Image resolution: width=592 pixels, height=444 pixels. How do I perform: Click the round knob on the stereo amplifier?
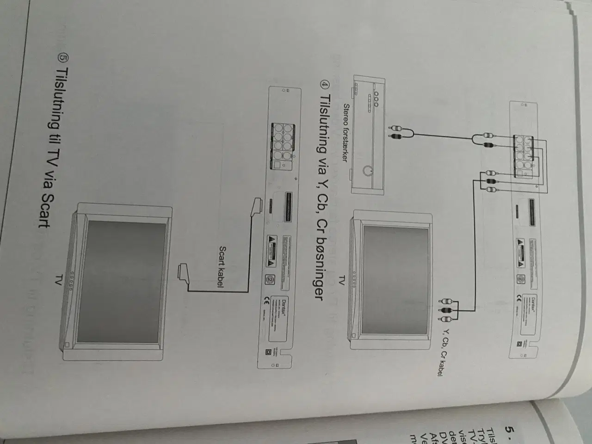(368, 172)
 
